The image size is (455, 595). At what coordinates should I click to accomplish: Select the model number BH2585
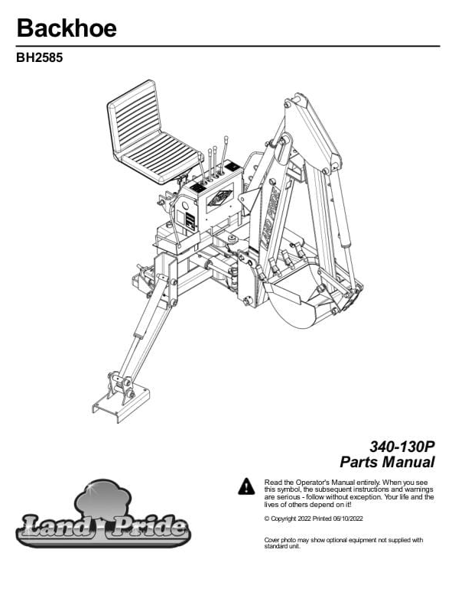[x=40, y=57]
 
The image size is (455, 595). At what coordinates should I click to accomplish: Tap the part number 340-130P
[x=402, y=447]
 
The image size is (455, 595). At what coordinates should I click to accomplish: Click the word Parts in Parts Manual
[x=359, y=462]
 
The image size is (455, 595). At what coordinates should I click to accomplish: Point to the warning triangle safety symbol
[x=247, y=486]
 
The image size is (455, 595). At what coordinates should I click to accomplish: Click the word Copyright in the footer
[x=284, y=519]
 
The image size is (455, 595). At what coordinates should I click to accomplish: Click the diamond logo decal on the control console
[x=219, y=197]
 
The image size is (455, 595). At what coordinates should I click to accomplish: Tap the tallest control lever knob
[x=226, y=139]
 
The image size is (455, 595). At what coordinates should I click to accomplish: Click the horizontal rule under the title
[x=228, y=47]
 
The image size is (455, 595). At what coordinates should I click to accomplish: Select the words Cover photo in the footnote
[x=281, y=540]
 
